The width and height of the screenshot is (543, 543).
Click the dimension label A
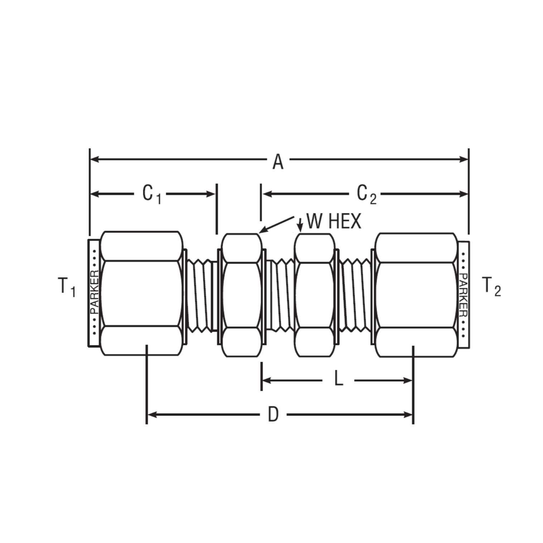[x=278, y=162]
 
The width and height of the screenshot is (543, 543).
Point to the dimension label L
[x=338, y=379]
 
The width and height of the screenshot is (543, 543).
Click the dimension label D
[x=273, y=415]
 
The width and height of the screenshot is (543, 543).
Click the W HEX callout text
[x=334, y=222]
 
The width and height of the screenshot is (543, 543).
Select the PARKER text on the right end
[x=463, y=295]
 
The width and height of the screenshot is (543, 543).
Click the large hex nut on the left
[x=141, y=293]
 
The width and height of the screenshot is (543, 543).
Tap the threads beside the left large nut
[x=201, y=295]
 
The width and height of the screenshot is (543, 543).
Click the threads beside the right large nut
[x=355, y=295]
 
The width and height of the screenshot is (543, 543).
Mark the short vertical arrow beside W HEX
[x=300, y=225]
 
